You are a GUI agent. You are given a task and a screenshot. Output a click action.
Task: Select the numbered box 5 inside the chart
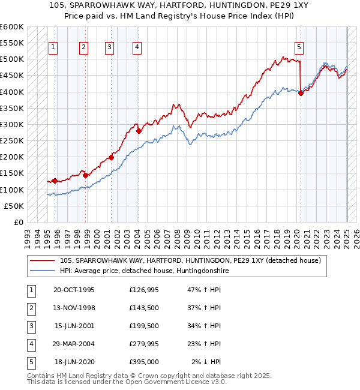tap(299, 48)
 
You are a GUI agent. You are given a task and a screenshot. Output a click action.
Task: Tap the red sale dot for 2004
tap(139, 131)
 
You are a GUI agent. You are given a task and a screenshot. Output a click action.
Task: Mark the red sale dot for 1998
tap(86, 175)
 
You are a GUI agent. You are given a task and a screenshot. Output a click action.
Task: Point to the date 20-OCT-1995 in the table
tap(74, 290)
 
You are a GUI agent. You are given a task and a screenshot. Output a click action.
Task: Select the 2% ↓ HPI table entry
tap(207, 362)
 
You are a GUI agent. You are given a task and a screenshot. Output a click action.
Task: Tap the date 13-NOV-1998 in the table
tap(74, 308)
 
